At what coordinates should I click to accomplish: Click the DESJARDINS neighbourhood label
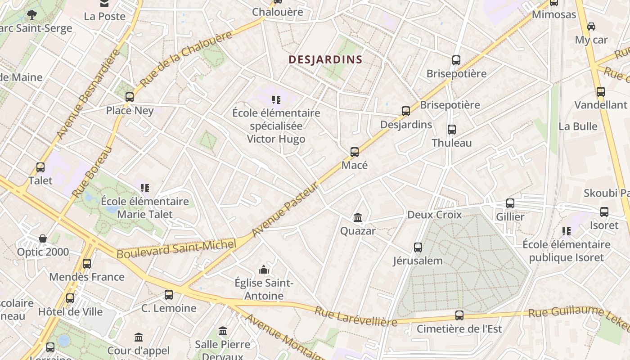(325, 59)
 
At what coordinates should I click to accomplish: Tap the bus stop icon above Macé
(355, 152)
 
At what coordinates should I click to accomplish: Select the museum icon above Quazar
(358, 218)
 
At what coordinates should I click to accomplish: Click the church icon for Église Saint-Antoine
(264, 270)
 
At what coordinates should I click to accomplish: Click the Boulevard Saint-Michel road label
(176, 249)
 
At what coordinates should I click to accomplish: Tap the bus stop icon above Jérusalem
(418, 247)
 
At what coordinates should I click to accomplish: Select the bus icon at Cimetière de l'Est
(459, 315)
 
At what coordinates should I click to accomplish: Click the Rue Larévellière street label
(355, 316)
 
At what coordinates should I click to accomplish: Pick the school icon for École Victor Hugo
(276, 99)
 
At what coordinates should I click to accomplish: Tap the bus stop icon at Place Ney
(130, 97)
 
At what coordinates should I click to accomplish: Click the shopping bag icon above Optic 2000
(43, 238)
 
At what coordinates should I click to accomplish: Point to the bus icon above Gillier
(510, 203)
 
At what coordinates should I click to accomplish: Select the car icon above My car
(591, 27)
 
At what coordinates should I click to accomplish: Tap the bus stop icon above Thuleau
(452, 130)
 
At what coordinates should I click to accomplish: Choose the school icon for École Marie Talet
(144, 188)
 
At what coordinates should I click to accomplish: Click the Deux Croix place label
(434, 215)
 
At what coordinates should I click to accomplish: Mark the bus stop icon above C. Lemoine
(169, 295)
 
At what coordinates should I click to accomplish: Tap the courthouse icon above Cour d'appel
(139, 337)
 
